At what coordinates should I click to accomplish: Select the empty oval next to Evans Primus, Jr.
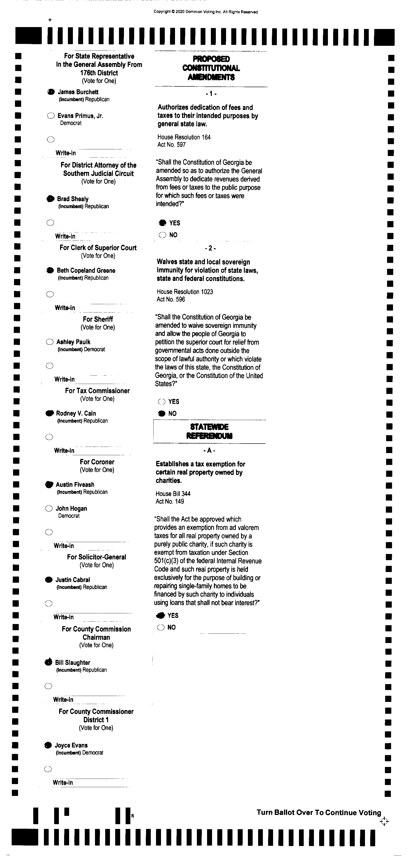[51, 116]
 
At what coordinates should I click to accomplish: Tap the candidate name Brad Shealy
[73, 199]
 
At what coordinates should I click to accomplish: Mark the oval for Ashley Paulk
[49, 342]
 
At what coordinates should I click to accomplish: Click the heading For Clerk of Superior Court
[98, 248]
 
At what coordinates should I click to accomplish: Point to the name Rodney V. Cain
[76, 413]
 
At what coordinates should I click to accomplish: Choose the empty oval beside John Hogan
[49, 508]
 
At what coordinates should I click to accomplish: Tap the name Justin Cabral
[72, 580]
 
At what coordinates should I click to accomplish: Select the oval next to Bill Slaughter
[48, 662]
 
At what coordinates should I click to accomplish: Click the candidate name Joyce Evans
[71, 745]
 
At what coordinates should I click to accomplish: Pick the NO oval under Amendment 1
[162, 235]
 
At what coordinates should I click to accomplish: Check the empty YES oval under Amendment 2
[162, 402]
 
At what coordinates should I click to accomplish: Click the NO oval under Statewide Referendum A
[161, 627]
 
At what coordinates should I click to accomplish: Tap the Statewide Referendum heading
[209, 431]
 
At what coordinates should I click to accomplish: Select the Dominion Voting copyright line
[205, 12]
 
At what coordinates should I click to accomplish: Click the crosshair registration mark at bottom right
[384, 821]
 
